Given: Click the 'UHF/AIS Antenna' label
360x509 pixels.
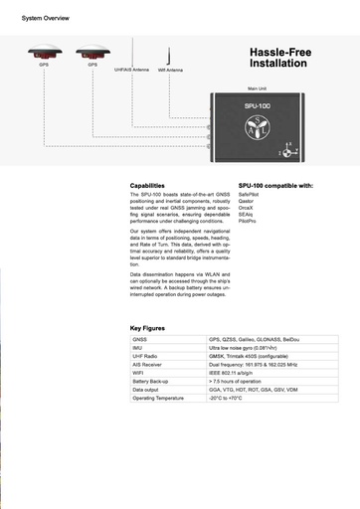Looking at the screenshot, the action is point(131,70).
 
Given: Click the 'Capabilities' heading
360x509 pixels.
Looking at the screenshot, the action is point(148,186).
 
